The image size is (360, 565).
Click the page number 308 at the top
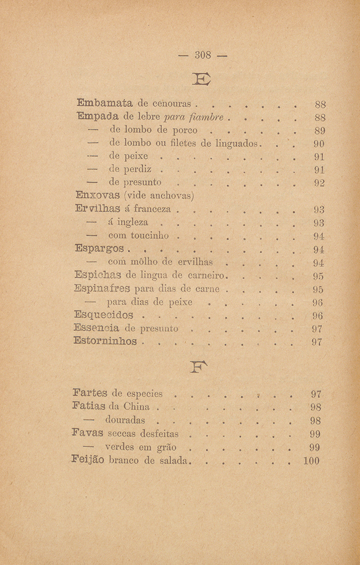198,56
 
